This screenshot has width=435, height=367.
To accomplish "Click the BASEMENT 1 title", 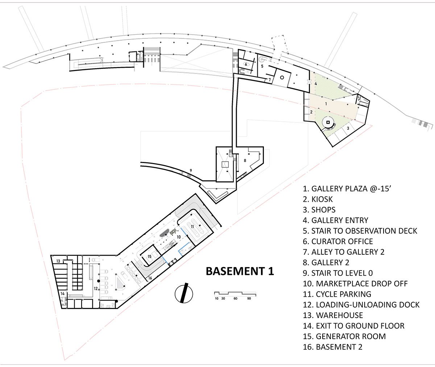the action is pos(240,271).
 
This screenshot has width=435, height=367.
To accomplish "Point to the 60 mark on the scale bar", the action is pos(235,299).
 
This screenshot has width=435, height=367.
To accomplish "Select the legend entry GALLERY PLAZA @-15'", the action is pos(346,189).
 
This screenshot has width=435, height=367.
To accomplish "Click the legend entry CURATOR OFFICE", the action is pos(338,241).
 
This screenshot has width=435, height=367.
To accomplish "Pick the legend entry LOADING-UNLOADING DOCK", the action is pos(361,305).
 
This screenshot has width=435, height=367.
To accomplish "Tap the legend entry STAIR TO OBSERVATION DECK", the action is pos(360,231).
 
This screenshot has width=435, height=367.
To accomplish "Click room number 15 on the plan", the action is pos(149,257).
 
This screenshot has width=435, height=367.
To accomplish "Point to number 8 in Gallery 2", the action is pos(245,160).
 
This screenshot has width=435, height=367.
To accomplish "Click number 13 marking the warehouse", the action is pos(58,261).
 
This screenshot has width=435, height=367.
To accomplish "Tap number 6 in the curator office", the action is pos(246,64).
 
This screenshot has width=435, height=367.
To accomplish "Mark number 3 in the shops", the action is pos(348,129).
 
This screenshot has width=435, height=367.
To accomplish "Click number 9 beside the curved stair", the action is pos(191,171).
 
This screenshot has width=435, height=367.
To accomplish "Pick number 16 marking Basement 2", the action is pos(150,278).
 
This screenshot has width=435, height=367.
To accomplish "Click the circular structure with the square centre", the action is pos(328,123).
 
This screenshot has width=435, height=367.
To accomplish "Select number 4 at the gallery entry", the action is pos(316,84).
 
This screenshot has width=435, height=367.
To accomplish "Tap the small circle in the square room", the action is pos(282,78).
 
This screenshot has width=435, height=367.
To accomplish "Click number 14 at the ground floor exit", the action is pos(62,293).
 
